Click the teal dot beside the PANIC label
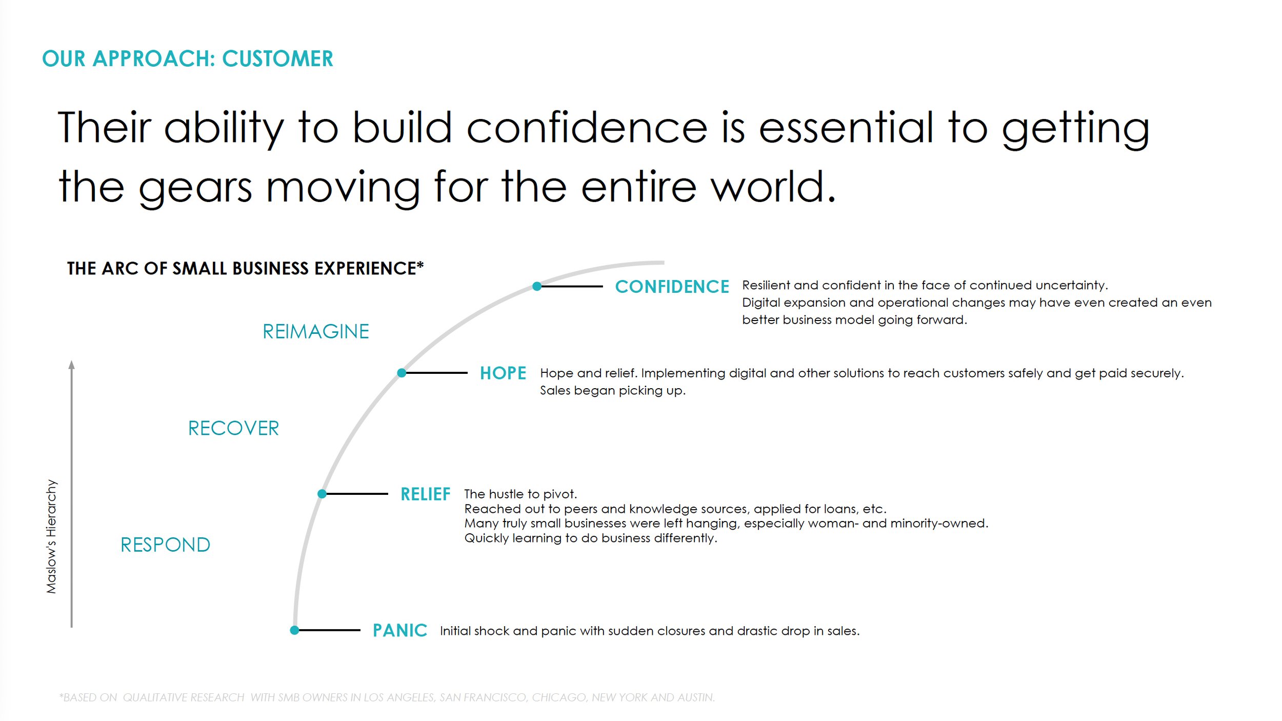point(294,630)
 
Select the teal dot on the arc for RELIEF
point(322,494)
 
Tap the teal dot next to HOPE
point(402,373)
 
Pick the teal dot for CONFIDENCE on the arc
point(537,286)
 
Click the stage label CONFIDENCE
point(672,287)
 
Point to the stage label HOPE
point(503,373)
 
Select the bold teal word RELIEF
point(425,494)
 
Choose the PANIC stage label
point(400,630)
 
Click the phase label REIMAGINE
point(316,332)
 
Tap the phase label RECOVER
point(233,428)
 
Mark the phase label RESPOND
point(165,545)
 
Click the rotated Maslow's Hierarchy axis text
point(51,536)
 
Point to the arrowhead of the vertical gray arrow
point(72,365)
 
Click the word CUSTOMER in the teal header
point(277,59)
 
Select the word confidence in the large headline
point(587,128)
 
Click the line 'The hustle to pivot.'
point(520,494)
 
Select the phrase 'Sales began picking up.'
point(612,390)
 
